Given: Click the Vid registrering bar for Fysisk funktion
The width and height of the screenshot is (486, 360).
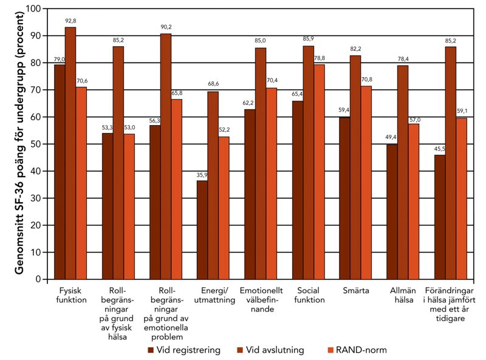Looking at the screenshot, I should [x=60, y=172].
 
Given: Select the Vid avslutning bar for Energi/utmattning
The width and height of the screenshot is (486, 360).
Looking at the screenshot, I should [x=213, y=185].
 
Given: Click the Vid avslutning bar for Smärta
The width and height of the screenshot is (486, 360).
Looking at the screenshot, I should [x=355, y=167].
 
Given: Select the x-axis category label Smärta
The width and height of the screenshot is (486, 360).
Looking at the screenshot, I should [x=356, y=291].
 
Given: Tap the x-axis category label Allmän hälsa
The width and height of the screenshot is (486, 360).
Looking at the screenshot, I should [x=402, y=296].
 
